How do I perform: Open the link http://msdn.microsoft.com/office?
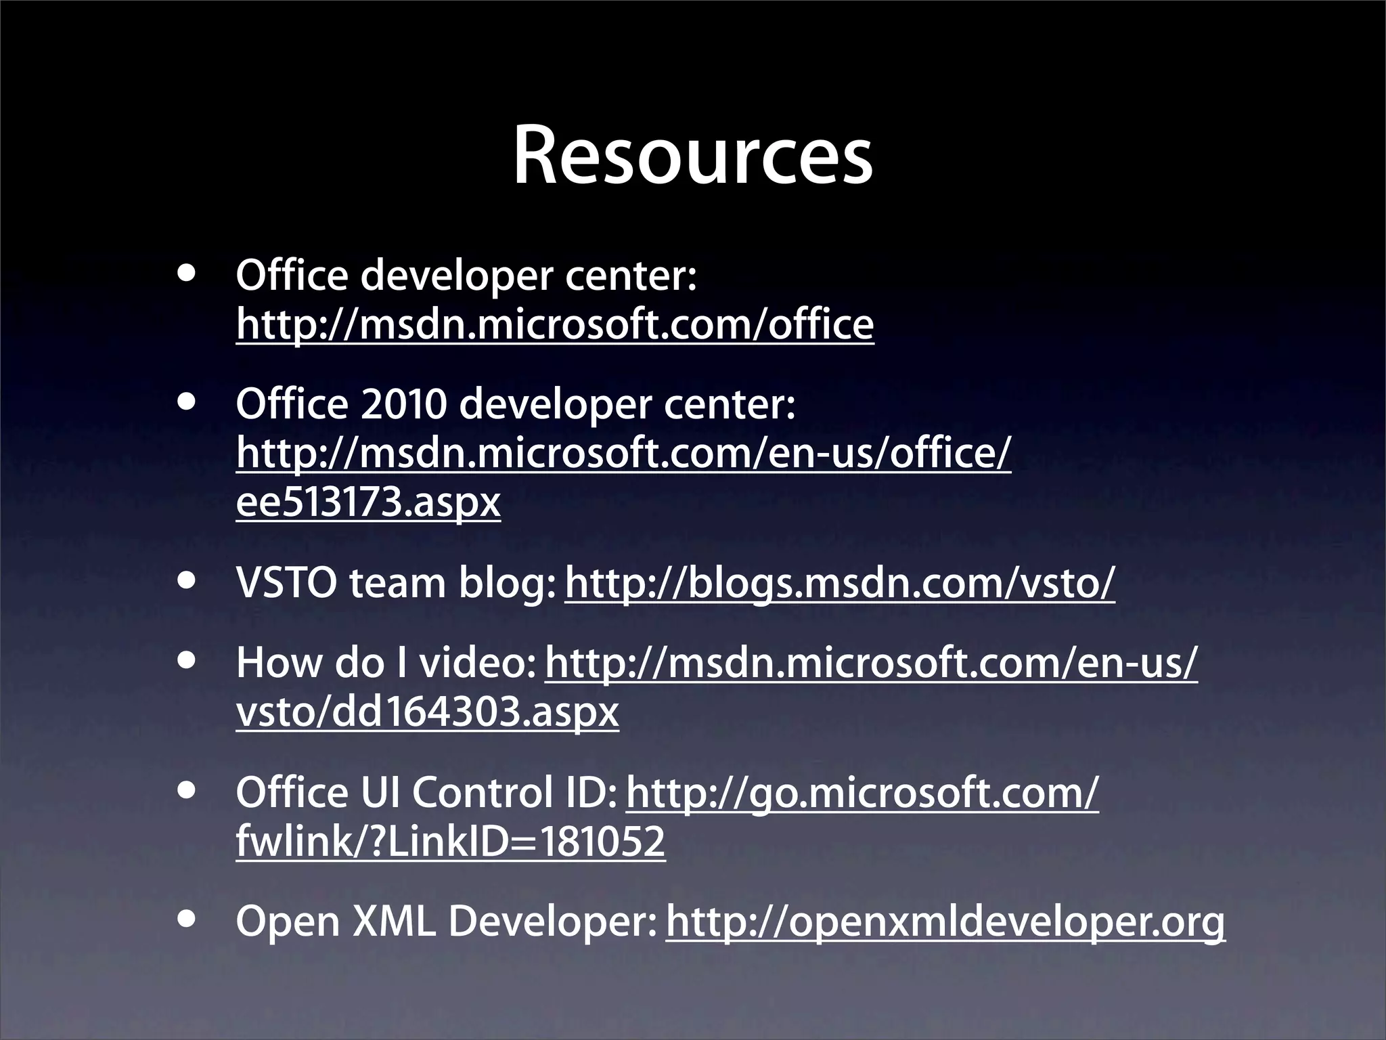[x=555, y=325]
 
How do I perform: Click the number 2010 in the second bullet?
[x=403, y=405]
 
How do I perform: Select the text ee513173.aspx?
[x=368, y=502]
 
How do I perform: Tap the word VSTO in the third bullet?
[x=286, y=584]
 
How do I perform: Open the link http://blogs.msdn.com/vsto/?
[x=839, y=584]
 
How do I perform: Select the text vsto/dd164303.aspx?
[x=427, y=712]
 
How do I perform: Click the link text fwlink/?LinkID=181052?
[x=451, y=842]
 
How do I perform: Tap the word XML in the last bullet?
[x=394, y=922]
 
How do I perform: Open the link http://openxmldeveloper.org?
[x=945, y=922]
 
